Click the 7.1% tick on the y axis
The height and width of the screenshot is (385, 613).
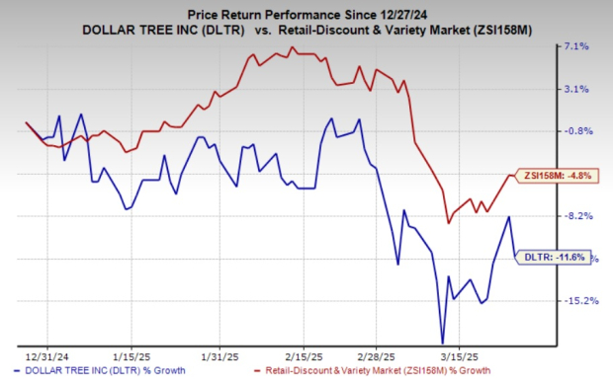577,46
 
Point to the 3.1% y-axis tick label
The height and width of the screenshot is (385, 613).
577,89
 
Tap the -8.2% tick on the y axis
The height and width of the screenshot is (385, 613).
577,216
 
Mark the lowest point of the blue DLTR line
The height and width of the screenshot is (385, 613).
443,342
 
